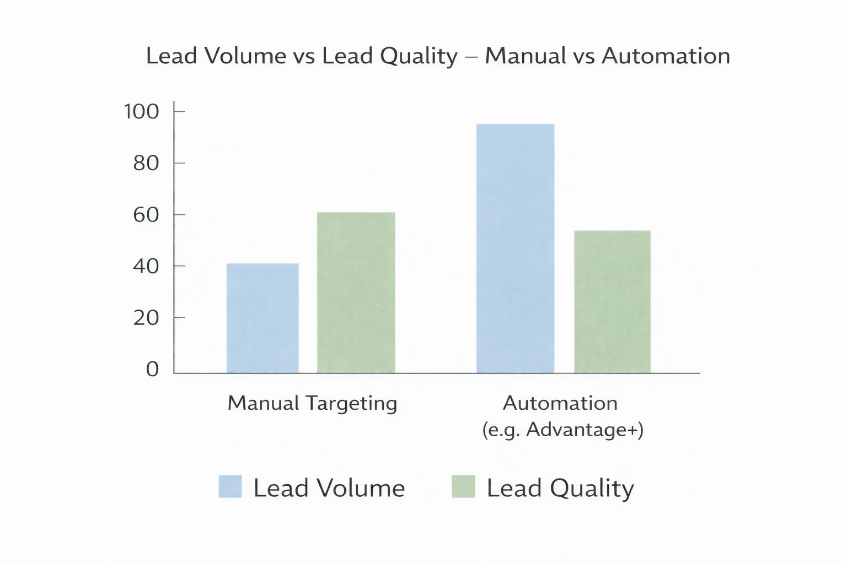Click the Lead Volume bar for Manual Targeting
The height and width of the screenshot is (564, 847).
[x=262, y=318]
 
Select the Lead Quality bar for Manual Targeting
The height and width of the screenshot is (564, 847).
[x=356, y=292]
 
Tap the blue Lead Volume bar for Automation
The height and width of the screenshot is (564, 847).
[x=515, y=248]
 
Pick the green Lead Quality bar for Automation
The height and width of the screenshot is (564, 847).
[x=612, y=302]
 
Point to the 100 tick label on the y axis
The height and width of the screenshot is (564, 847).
[x=141, y=112]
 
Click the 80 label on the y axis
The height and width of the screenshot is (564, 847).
[x=146, y=163]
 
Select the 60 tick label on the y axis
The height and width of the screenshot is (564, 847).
[x=146, y=215]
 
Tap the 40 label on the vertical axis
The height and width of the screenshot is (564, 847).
[x=146, y=267]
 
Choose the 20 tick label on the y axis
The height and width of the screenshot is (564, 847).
[x=146, y=318]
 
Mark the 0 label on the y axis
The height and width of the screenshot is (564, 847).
[x=152, y=369]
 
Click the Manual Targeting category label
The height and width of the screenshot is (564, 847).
[x=312, y=403]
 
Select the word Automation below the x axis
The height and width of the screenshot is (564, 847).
[x=560, y=403]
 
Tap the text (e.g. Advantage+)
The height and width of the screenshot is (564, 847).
[x=562, y=429]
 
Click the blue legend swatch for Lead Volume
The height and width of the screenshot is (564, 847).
[x=230, y=486]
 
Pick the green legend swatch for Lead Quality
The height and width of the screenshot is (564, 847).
[x=463, y=486]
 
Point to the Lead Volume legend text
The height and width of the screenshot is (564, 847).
[x=329, y=489]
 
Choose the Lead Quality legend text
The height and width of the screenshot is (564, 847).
[x=560, y=489]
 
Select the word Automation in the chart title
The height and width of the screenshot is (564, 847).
[x=666, y=56]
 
